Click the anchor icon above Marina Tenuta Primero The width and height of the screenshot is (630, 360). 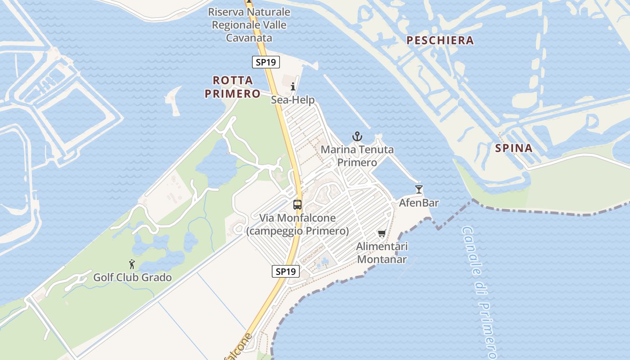[x=357, y=136]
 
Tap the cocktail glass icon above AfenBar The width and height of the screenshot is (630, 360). [x=419, y=189]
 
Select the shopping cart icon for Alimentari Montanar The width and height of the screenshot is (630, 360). [x=382, y=233]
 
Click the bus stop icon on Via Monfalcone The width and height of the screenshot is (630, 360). [x=297, y=205]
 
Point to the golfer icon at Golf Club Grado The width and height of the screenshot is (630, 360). [x=132, y=264]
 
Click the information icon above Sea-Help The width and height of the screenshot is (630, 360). [x=293, y=86]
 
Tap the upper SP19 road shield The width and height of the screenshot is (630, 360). [x=266, y=63]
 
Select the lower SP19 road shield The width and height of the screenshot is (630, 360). [x=286, y=271]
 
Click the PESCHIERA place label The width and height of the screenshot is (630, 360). [x=440, y=40]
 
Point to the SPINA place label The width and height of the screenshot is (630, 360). [x=514, y=148]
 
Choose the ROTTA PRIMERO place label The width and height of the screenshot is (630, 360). [x=233, y=87]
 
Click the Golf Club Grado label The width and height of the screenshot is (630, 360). [x=132, y=277]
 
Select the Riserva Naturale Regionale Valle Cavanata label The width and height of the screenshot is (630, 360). [x=249, y=25]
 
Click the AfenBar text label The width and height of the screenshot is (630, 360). [x=419, y=203]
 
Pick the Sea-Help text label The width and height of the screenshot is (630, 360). [x=292, y=100]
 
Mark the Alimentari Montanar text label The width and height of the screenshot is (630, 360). [x=382, y=253]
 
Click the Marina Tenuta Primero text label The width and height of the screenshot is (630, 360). [x=357, y=156]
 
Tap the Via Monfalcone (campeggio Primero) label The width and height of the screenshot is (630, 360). [x=297, y=225]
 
